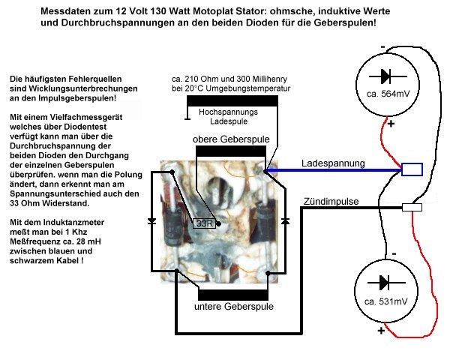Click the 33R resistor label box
(204, 223)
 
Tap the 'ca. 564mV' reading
(388, 94)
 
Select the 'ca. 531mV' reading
(386, 301)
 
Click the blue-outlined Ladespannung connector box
(412, 169)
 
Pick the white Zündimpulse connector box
(412, 207)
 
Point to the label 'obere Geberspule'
(231, 139)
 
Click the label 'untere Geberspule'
(234, 306)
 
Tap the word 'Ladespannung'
(333, 163)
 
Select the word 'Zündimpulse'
(331, 201)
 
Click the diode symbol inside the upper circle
(388, 76)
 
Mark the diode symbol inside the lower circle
(386, 283)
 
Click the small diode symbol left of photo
(151, 221)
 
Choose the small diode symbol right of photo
(285, 220)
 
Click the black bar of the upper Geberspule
(231, 151)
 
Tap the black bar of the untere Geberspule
(233, 295)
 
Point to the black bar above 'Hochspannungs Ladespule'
(232, 101)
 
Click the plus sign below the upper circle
(391, 124)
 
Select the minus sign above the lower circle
(394, 253)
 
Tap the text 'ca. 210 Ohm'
(196, 79)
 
